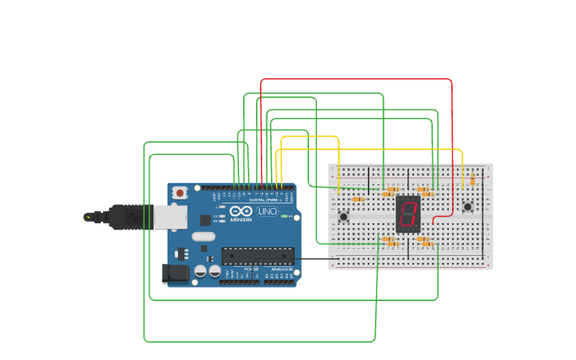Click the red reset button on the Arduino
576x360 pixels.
180,192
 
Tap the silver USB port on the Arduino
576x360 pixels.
170,217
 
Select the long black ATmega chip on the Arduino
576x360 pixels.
257,255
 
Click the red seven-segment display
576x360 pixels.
408,214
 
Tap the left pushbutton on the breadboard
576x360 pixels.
343,216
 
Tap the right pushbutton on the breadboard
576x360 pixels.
467,207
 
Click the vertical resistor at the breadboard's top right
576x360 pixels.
473,179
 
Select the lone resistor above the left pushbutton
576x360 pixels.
358,199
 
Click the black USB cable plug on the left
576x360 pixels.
119,216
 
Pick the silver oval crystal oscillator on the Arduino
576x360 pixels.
203,236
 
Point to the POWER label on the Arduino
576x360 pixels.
251,269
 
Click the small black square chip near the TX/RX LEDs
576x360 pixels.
205,220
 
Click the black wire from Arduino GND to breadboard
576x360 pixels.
318,259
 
